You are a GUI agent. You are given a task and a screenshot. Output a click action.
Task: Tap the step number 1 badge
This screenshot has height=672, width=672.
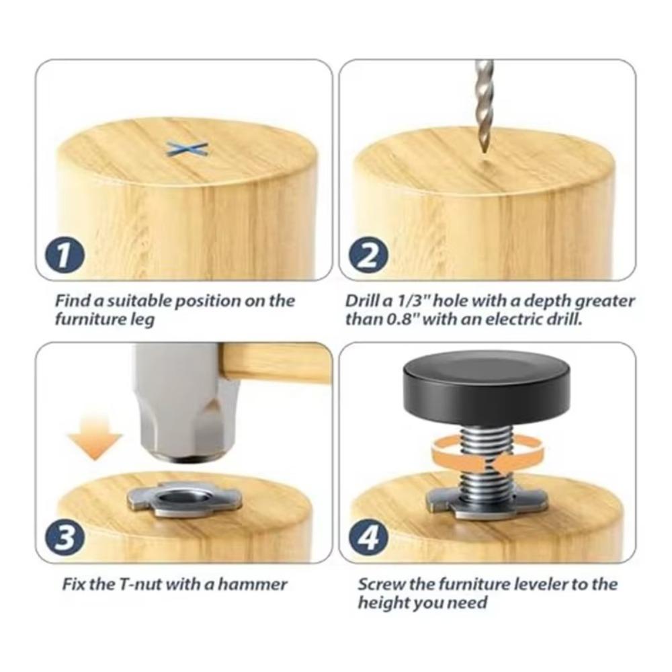(64, 256)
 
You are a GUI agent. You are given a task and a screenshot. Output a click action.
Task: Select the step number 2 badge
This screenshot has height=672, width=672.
(368, 256)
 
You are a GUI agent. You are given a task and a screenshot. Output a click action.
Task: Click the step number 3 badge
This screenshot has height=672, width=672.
(64, 538)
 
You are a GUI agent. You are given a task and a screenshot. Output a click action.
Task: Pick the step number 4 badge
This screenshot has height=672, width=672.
(368, 538)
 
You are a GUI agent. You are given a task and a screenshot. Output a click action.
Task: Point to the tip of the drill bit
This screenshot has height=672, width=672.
(483, 153)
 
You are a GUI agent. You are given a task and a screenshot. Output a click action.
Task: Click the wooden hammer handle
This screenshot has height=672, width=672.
(276, 363)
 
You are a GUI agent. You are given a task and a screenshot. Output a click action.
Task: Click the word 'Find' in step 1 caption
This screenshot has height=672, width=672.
(72, 300)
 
